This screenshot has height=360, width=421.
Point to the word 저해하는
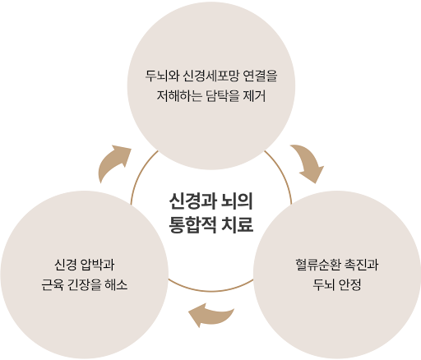pyautogui.click(x=179, y=96)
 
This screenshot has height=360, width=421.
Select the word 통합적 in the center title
pyautogui.click(x=192, y=224)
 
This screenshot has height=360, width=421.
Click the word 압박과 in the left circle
pyautogui.click(x=97, y=265)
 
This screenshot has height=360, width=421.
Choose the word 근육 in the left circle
pyautogui.click(x=53, y=285)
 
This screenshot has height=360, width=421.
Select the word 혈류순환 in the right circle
pyautogui.click(x=318, y=265)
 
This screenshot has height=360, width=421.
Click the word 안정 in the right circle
pyautogui.click(x=349, y=285)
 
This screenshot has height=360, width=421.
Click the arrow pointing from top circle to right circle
pyautogui.click(x=309, y=161)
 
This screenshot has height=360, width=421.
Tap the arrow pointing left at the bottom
pyautogui.click(x=211, y=315)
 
